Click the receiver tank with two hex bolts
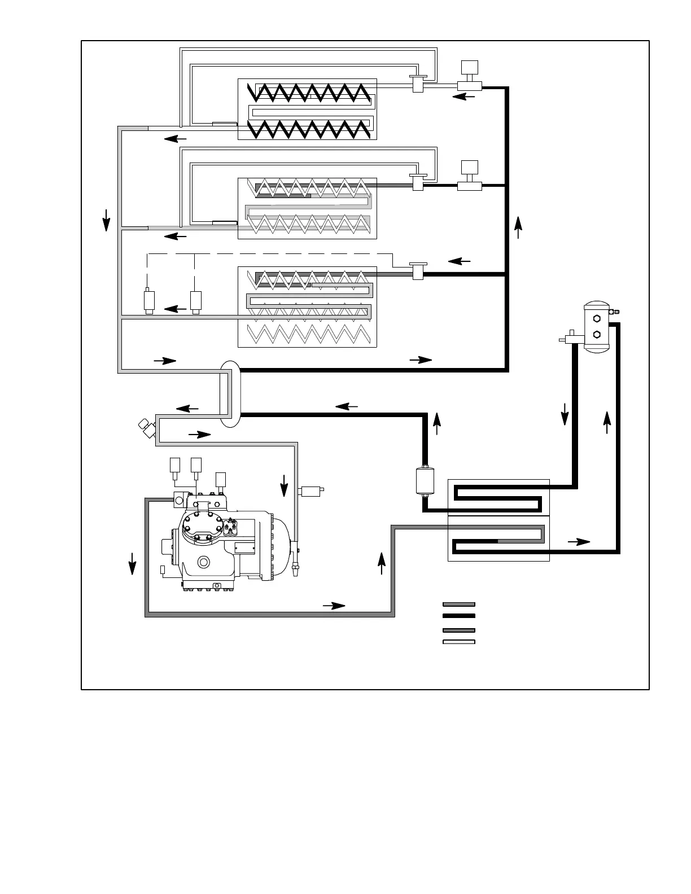(596, 327)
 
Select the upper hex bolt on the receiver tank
(596, 319)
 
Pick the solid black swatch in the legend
(458, 616)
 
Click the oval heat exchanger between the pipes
(230, 393)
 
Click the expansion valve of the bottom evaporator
(418, 272)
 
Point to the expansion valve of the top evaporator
(418, 84)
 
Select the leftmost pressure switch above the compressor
(176, 466)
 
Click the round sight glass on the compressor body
(203, 562)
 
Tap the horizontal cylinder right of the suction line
(313, 490)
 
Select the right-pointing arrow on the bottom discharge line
(334, 606)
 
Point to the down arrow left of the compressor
(132, 563)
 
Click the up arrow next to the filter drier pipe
(437, 423)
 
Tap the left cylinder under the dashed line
(150, 300)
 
